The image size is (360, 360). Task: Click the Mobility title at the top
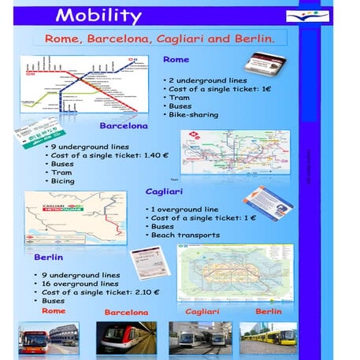99,16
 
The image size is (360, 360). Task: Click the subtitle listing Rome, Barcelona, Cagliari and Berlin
160,38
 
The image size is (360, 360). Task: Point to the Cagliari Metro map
75,217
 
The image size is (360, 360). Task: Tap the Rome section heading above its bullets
175,60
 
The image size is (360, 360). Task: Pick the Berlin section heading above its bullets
49,257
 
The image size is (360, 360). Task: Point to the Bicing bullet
62,181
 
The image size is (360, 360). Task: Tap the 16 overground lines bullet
79,283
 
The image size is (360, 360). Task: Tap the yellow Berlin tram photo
267,337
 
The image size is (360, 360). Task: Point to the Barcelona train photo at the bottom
125,337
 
